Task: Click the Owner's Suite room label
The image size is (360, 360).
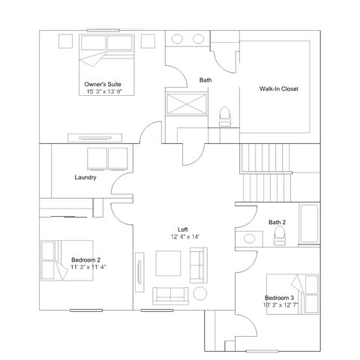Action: [103, 84]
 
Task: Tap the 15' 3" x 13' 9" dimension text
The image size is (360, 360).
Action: [104, 91]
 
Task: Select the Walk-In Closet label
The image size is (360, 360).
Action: [279, 88]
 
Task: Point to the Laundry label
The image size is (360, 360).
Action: [85, 178]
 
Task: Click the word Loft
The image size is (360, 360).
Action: [183, 229]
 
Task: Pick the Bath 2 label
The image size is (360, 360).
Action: [277, 222]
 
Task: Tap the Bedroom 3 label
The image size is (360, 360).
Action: [279, 298]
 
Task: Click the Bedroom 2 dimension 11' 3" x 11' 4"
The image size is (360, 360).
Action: [88, 267]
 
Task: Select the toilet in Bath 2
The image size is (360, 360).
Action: [279, 235]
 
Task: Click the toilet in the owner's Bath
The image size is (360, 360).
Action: [225, 116]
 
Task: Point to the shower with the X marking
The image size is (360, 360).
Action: [187, 104]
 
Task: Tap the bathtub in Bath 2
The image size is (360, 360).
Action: [310, 223]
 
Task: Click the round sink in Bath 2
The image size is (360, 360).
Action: [249, 238]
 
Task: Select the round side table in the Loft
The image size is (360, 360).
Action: [200, 293]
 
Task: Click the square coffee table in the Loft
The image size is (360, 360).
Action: [168, 263]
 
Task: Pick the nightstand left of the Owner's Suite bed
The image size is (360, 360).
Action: [65, 41]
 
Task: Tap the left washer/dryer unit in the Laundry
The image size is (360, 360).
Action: [97, 159]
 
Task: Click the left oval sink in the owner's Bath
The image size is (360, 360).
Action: [177, 39]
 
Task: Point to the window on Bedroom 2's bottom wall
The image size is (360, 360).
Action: [86, 310]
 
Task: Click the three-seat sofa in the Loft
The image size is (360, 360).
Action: [170, 295]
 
